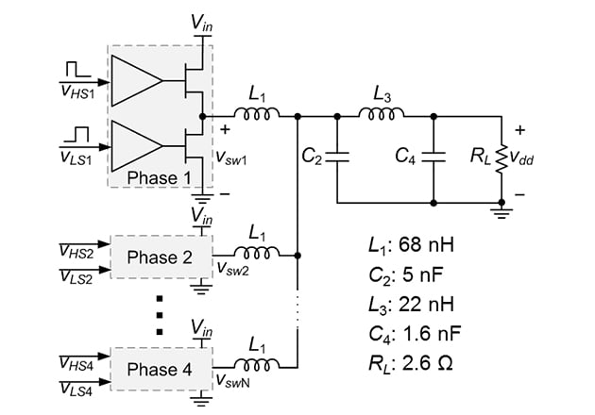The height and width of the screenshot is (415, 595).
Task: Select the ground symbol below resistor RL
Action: click(501, 212)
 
